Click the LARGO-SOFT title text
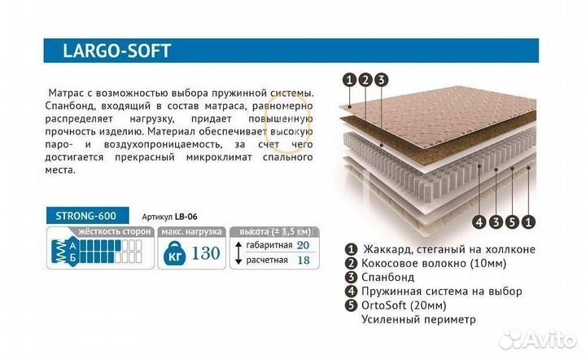(x=116, y=50)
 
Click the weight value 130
(x=205, y=252)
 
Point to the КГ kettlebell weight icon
(x=171, y=252)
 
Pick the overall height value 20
(x=303, y=245)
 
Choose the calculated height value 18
(x=303, y=260)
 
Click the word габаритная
(x=266, y=245)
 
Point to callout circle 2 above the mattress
(x=365, y=80)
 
